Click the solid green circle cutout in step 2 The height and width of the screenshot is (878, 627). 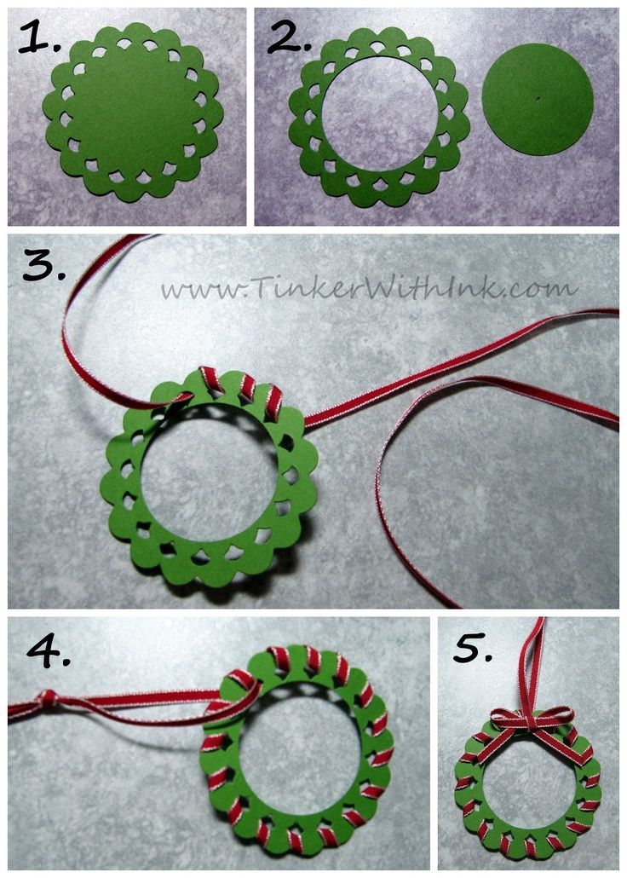(x=538, y=99)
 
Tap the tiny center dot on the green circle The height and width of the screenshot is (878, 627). (x=537, y=100)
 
